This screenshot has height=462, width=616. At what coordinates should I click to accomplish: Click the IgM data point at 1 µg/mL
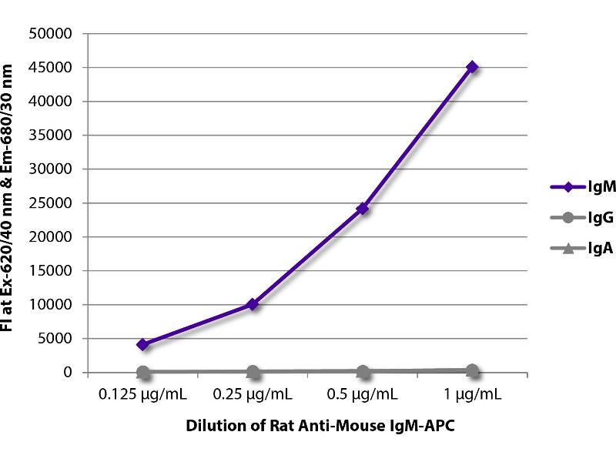(x=472, y=67)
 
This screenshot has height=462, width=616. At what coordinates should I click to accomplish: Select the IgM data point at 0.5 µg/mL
(x=363, y=208)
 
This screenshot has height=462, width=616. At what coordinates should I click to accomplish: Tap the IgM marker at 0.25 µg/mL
(x=253, y=304)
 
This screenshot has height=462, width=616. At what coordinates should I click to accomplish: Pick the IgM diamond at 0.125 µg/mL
(x=143, y=344)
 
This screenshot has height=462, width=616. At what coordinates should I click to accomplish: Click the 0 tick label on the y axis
(x=68, y=373)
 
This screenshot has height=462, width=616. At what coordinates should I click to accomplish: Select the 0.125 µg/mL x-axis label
(x=143, y=395)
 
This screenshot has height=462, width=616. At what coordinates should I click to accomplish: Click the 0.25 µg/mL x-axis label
(x=253, y=395)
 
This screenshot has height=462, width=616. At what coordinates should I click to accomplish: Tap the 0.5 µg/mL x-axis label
(x=363, y=395)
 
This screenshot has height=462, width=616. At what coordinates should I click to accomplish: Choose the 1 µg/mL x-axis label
(x=472, y=395)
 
